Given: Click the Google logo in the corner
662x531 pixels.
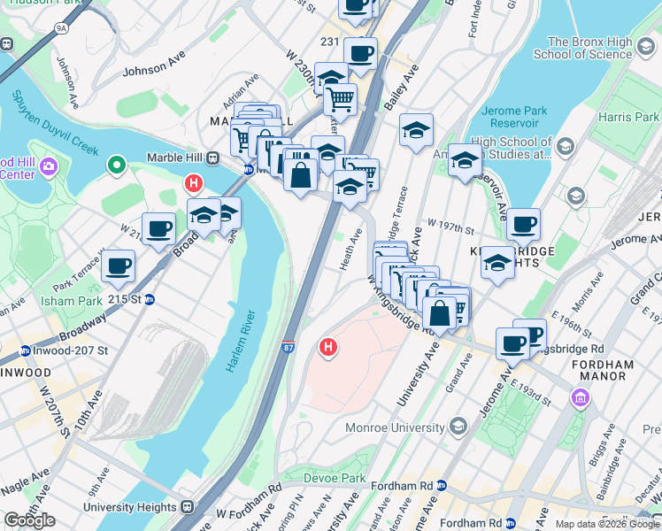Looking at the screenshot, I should pyautogui.click(x=29, y=520).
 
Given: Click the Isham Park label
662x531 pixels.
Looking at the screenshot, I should pyautogui.click(x=65, y=301).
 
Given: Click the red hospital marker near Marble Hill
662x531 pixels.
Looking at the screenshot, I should pyautogui.click(x=193, y=184).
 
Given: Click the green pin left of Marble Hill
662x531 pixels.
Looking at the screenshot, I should pyautogui.click(x=115, y=165).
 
